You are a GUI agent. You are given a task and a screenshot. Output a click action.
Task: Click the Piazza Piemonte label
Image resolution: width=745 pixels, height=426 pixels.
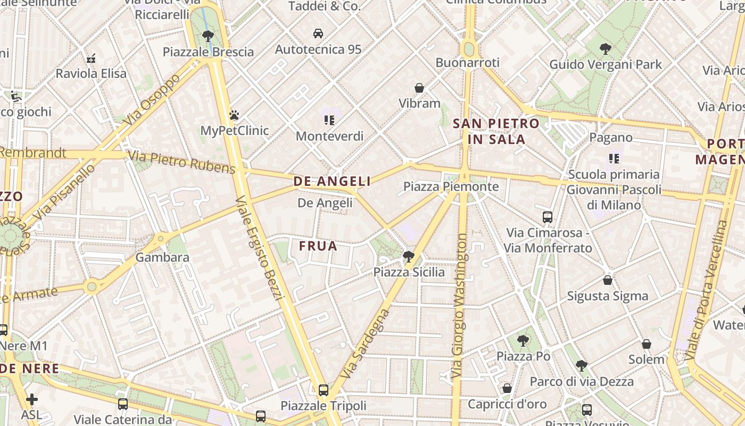pyautogui.click(x=451, y=186)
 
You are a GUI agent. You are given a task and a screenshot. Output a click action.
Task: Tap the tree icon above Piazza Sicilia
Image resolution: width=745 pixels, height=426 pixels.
pyautogui.click(x=409, y=257)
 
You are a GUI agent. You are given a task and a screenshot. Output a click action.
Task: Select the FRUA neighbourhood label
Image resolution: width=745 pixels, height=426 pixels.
pyautogui.click(x=318, y=246)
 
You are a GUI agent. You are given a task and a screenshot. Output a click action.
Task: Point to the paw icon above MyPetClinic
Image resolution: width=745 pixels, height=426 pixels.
pyautogui.click(x=234, y=115)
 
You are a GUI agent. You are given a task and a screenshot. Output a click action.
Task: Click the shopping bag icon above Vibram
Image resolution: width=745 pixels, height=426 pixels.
pyautogui.click(x=419, y=88)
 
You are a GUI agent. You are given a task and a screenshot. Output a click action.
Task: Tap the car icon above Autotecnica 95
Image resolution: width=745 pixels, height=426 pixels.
pyautogui.click(x=318, y=34)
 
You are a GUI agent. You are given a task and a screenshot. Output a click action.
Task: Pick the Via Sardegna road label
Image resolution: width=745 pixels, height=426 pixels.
pyautogui.click(x=367, y=344)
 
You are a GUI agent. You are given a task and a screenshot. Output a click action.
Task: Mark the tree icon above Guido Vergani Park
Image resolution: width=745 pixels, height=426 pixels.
pyautogui.click(x=605, y=49)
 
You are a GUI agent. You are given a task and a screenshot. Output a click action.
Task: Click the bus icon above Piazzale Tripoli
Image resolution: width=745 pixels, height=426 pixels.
pyautogui.click(x=323, y=390)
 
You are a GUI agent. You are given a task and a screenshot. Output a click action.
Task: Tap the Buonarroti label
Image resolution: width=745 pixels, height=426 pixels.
pyautogui.click(x=467, y=63)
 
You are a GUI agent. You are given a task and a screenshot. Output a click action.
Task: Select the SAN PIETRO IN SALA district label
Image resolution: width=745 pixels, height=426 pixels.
pyautogui.click(x=496, y=132)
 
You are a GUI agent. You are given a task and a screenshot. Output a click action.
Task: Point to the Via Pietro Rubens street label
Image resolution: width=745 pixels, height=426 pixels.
pyautogui.click(x=181, y=162)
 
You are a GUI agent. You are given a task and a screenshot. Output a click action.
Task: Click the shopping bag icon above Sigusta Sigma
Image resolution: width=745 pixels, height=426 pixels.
pyautogui.click(x=608, y=280)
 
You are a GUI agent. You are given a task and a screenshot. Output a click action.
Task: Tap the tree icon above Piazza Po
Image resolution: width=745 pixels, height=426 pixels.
pyautogui.click(x=523, y=340)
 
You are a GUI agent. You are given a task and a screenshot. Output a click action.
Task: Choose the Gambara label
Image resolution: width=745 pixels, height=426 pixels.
pyautogui.click(x=162, y=257)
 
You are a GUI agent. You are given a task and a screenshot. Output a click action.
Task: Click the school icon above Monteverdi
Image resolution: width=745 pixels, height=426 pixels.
pyautogui.click(x=329, y=120)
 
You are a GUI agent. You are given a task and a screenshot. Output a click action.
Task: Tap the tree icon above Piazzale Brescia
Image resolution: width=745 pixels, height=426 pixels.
pyautogui.click(x=208, y=36)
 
